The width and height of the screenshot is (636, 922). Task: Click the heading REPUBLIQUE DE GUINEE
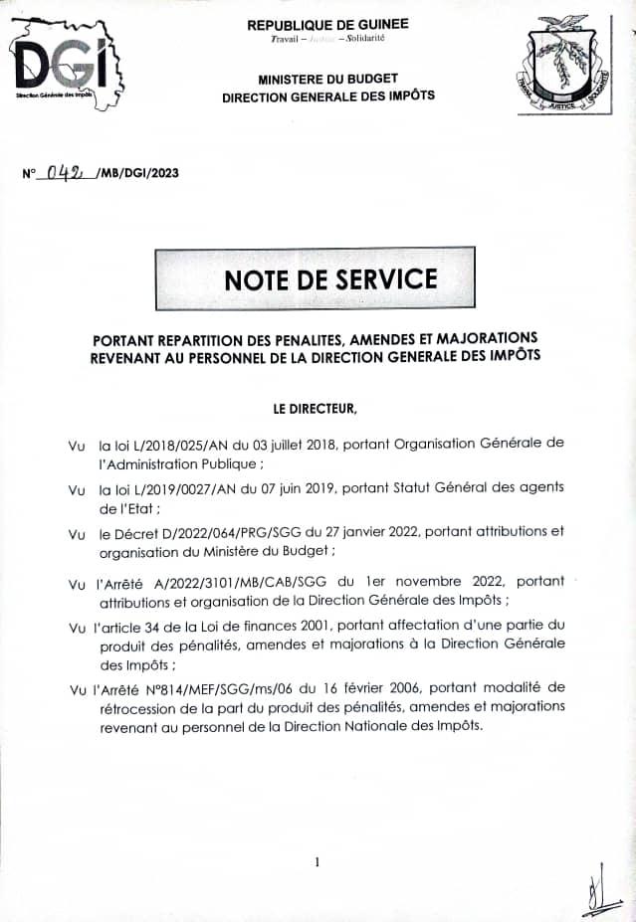(327, 24)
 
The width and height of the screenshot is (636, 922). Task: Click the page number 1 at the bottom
(317, 862)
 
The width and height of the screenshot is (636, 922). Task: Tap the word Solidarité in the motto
(365, 38)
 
